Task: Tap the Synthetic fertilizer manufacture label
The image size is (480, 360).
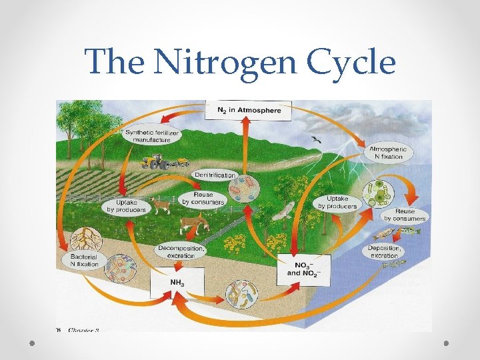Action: click(152, 137)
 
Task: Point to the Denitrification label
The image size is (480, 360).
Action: click(215, 175)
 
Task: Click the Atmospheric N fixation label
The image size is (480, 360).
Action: click(389, 153)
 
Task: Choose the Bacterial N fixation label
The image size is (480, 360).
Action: click(83, 261)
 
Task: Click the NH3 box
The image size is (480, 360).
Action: click(177, 283)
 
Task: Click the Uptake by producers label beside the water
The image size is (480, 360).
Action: click(341, 202)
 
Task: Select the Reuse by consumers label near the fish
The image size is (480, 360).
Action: click(405, 215)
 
